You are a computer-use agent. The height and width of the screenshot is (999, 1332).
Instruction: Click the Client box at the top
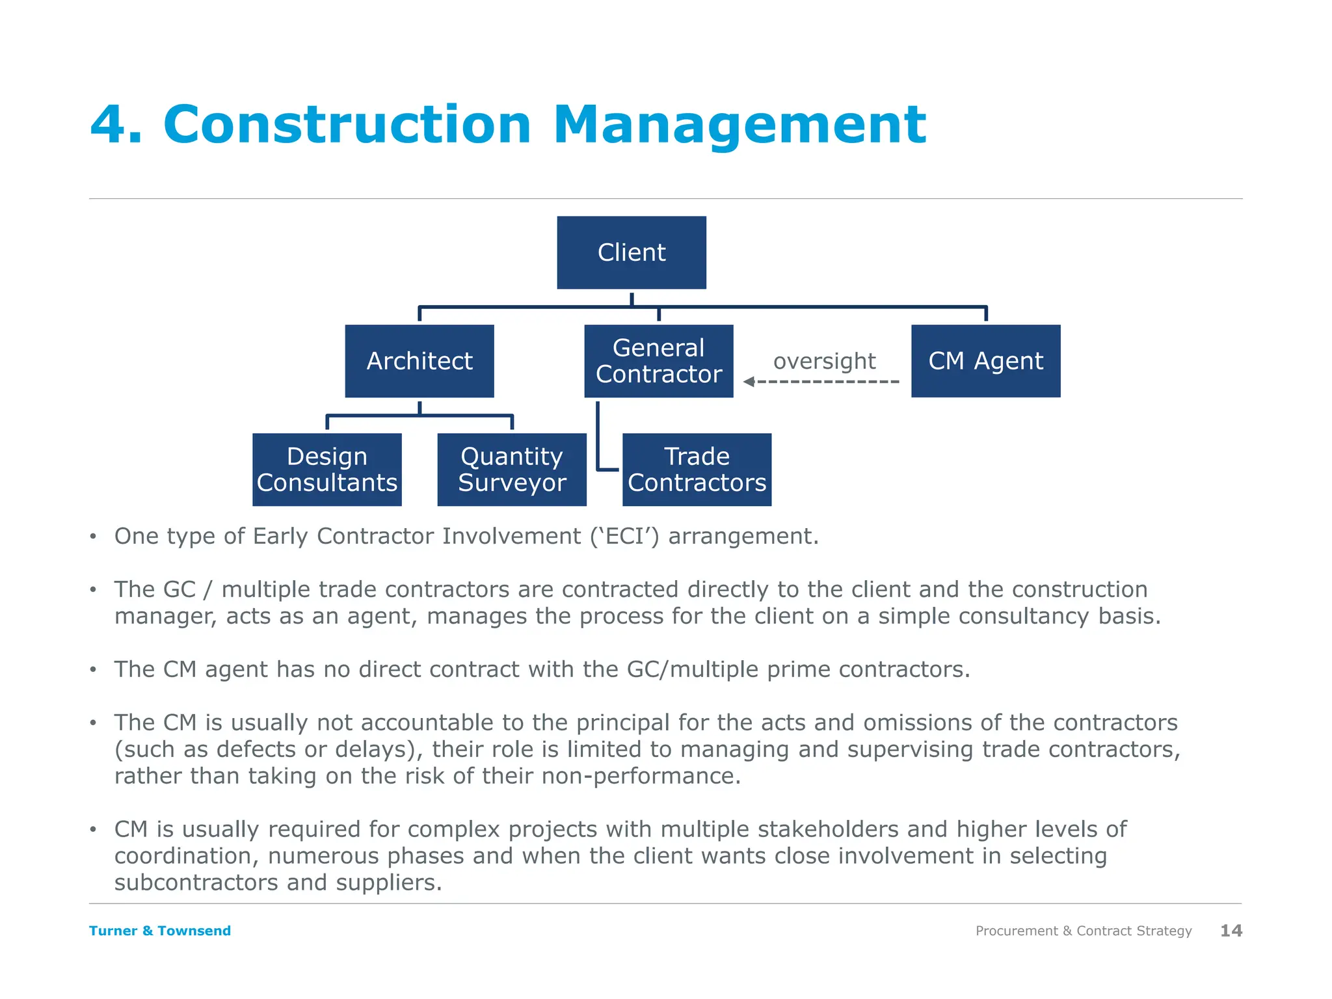[632, 252]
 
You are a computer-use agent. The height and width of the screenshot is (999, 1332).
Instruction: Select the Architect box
[420, 361]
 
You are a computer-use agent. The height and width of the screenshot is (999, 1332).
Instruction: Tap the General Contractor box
[659, 361]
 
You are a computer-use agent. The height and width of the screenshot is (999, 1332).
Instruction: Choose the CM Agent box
[985, 361]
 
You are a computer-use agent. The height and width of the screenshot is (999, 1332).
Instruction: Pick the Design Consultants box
[327, 470]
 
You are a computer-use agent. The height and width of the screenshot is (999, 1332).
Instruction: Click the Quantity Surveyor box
[512, 470]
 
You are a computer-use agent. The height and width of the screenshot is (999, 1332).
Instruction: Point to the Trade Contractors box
[697, 470]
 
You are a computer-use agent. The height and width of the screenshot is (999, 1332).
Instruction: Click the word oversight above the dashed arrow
[824, 361]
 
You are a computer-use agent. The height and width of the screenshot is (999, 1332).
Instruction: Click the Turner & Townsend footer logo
[160, 931]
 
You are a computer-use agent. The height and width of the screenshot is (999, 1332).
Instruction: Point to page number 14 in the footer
[1231, 931]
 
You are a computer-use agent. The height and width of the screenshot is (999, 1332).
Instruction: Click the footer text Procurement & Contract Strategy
[1084, 931]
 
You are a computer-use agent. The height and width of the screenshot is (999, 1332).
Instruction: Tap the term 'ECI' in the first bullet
[624, 537]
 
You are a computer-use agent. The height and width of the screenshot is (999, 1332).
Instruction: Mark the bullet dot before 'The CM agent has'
[94, 670]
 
